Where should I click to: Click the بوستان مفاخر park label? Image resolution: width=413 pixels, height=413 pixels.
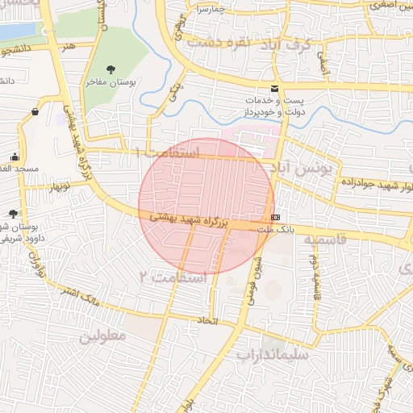click(110, 81)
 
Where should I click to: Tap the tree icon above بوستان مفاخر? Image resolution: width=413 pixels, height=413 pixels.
click(111, 69)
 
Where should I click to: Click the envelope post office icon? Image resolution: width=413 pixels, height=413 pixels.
click(275, 89)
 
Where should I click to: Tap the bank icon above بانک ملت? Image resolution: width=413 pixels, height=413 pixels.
click(276, 218)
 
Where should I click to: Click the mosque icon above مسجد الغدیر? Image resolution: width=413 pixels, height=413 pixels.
click(15, 156)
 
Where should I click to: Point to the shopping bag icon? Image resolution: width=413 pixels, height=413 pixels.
click(35, 112)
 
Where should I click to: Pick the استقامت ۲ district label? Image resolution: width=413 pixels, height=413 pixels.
click(173, 277)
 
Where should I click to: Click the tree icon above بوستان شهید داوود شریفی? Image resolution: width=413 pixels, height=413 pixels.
click(12, 214)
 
